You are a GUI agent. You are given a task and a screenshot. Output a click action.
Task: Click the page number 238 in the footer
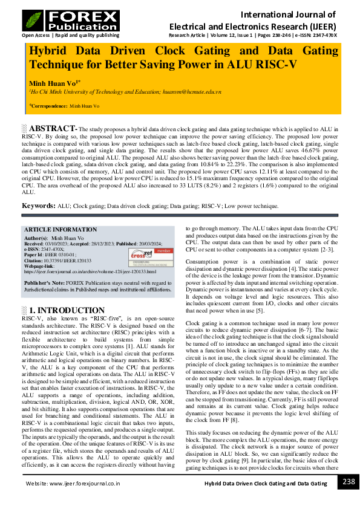(x=349, y=482)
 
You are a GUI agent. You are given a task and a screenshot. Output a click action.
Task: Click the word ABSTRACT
(x=51, y=129)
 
